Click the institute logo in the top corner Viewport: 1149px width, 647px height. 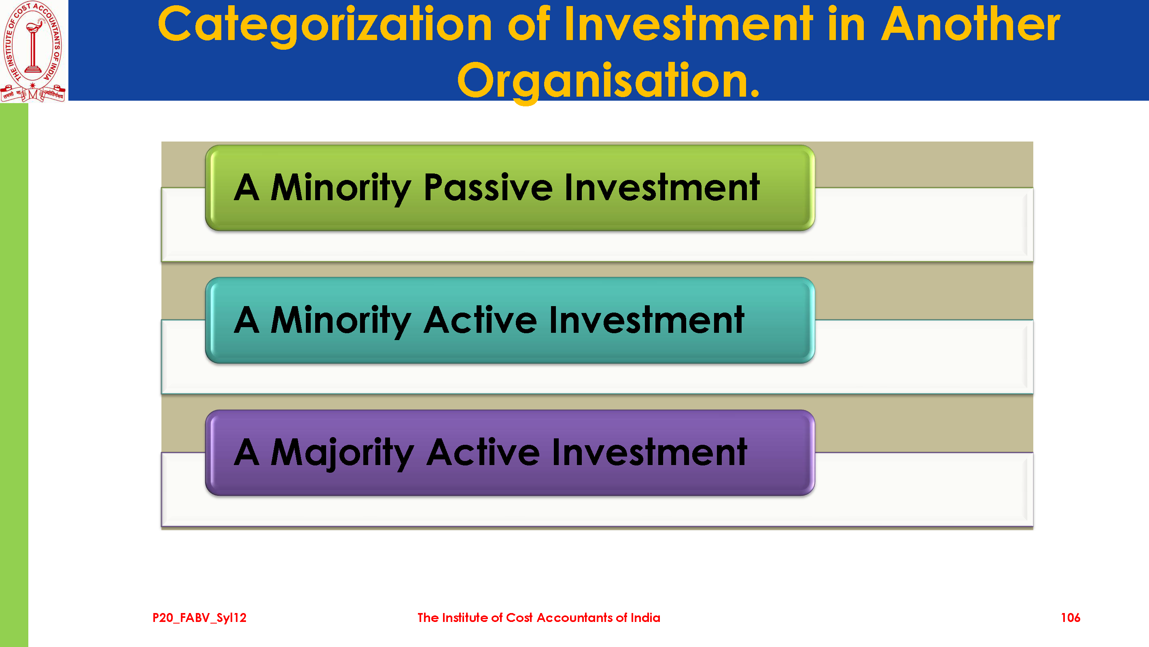[x=34, y=51]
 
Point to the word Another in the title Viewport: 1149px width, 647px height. [x=971, y=24]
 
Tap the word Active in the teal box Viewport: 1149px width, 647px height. [x=480, y=320]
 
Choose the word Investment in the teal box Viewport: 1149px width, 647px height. [x=647, y=320]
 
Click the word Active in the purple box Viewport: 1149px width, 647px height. [x=483, y=452]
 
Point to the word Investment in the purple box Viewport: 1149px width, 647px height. [x=649, y=452]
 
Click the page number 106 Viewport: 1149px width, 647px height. [x=1070, y=617]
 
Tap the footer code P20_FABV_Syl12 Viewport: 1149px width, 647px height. [x=199, y=618]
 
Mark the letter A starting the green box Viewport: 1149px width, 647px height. [x=247, y=187]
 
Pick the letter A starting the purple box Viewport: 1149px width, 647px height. [x=247, y=452]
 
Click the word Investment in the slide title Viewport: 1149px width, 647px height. [x=688, y=24]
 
